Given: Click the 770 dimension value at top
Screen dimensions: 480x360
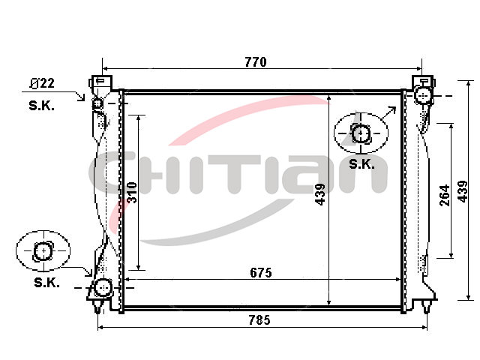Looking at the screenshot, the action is (256, 62).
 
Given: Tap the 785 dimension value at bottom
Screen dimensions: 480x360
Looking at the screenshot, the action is (259, 320).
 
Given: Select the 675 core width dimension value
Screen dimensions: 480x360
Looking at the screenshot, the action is (260, 272).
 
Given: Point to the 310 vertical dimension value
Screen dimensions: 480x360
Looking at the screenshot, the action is (132, 193).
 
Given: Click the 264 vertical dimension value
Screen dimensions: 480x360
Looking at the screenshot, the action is (444, 195).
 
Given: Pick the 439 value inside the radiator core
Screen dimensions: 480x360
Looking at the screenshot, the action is (320, 194).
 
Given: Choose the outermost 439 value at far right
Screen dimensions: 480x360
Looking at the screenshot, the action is (463, 192).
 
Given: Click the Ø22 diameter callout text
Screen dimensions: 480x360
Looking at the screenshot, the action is (42, 83).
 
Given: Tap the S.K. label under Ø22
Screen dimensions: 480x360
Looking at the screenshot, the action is (41, 106).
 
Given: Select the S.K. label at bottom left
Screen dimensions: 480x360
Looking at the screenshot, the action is (46, 282).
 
